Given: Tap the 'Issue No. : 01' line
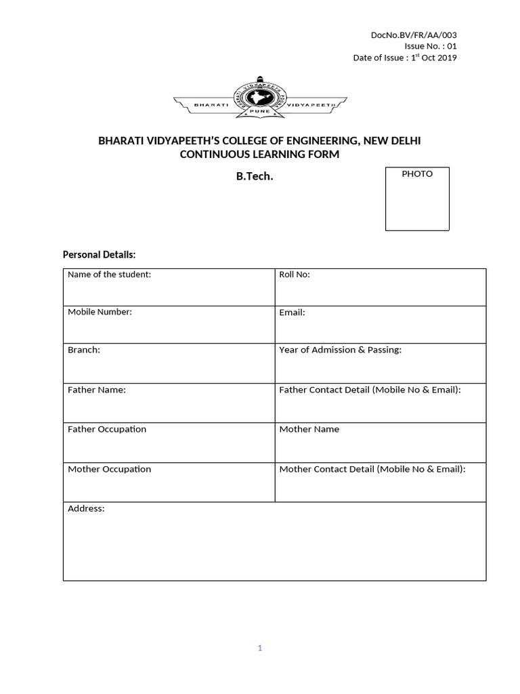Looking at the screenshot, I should coord(431,46).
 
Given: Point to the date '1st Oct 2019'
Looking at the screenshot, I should coord(434,58).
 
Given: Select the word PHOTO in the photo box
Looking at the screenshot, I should coord(417,173).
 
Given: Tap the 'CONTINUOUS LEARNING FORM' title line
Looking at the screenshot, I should coord(259,155).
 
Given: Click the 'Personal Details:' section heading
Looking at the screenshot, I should coord(100,255).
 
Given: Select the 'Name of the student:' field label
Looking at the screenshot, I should coord(109,274).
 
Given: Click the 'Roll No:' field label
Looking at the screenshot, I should coord(295,274).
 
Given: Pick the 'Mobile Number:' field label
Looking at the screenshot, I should coord(100,312).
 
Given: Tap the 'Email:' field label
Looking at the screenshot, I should coord(292,312).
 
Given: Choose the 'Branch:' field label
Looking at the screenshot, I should coord(84,350).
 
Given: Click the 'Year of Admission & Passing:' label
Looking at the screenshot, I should coord(341,350).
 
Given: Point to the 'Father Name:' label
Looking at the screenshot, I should coord(97,390).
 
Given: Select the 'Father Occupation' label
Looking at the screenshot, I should coord(107,429).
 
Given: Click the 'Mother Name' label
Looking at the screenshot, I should coord(309,429).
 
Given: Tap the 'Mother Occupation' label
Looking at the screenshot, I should coord(110,469).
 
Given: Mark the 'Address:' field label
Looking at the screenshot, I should coord(86,508).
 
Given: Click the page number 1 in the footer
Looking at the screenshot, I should coord(259,649).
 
